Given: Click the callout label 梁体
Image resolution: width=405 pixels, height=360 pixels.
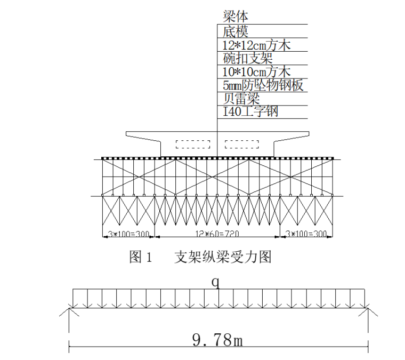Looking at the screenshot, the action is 236,16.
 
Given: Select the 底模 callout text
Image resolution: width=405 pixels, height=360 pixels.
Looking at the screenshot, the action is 236,31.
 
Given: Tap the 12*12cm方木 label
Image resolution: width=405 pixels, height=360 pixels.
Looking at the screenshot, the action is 256,45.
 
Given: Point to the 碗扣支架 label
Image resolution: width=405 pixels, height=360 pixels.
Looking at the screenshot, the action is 248,59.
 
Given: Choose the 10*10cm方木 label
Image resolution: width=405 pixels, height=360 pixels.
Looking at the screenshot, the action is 256,71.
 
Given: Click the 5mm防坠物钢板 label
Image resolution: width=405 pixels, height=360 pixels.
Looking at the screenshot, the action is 263,85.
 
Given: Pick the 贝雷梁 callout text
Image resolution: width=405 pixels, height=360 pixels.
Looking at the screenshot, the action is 241,99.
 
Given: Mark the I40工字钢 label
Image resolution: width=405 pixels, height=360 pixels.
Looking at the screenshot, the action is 250,111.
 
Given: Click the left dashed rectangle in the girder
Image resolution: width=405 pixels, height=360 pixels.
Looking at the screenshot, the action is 193,144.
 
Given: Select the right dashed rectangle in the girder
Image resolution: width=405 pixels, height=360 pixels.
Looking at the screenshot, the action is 242,144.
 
